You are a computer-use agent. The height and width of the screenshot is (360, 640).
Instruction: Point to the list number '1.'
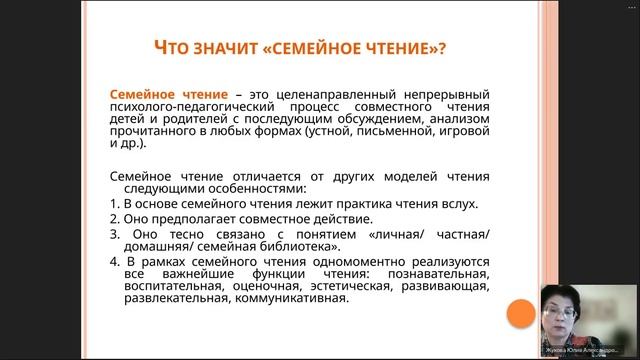click(114, 203)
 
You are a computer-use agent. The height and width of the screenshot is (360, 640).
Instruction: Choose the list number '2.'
click(114, 219)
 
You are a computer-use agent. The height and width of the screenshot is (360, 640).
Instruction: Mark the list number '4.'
click(114, 262)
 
